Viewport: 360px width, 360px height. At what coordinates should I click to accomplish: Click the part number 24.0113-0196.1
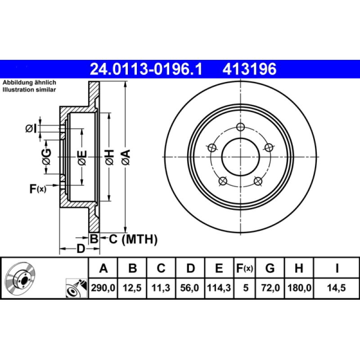(147, 69)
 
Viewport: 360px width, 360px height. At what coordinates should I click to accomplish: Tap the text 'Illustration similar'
(29, 90)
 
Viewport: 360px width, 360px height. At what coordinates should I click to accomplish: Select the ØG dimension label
(46, 156)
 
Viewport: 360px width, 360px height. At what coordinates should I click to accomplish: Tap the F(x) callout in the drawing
(38, 189)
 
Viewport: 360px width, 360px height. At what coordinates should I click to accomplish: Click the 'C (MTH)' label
(133, 239)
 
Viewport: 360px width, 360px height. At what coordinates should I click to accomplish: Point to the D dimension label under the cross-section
(80, 248)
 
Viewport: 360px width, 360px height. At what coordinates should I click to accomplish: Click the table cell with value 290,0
(103, 288)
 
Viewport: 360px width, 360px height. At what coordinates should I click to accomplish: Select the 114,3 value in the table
(219, 288)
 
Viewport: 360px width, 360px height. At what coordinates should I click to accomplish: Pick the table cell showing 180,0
(298, 288)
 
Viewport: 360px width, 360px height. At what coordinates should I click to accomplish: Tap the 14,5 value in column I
(337, 288)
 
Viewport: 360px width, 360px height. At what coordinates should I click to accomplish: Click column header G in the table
(270, 269)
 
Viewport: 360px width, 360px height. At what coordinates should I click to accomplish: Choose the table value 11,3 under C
(161, 288)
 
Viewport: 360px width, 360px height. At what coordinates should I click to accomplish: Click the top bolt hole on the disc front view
(241, 126)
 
